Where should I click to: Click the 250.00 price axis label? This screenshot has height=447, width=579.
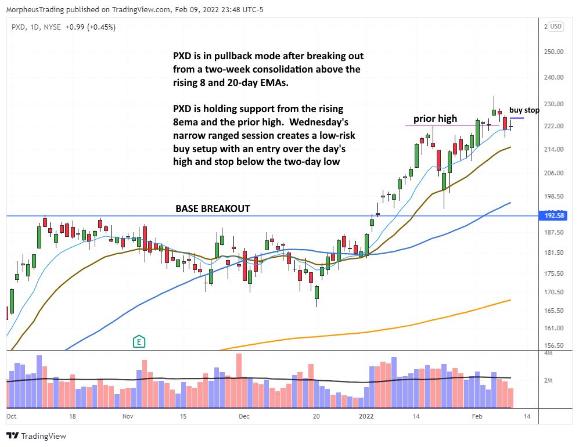click(555, 52)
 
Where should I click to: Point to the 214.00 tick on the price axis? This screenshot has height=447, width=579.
click(555, 149)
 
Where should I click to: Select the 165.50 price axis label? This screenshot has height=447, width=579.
click(555, 311)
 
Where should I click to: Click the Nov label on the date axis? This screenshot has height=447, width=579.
click(128, 416)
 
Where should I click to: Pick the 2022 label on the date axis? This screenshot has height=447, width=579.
click(366, 416)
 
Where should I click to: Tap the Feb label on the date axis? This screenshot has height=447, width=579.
click(476, 416)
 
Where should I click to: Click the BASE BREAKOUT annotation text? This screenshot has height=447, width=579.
click(213, 208)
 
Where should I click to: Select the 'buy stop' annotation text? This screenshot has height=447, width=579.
click(524, 110)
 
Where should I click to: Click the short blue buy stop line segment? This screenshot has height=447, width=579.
click(516, 118)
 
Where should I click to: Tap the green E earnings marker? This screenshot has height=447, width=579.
click(139, 341)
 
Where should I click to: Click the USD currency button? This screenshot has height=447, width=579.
click(556, 26)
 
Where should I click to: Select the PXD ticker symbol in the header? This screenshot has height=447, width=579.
click(17, 26)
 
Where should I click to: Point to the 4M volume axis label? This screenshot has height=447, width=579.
click(548, 353)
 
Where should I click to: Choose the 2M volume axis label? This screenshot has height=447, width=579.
click(548, 380)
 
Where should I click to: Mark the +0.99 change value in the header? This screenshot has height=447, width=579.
click(73, 26)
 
